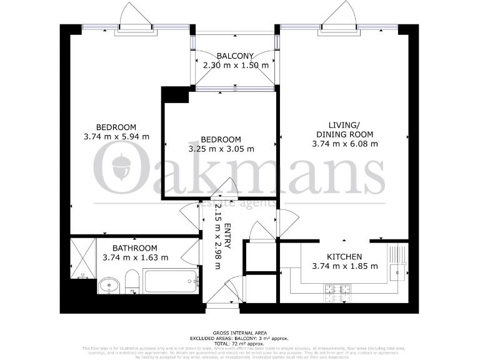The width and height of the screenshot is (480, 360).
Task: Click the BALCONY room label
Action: point(235,56)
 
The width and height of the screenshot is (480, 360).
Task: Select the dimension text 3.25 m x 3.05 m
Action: point(221,149)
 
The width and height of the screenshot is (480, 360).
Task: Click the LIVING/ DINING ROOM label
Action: point(344,129)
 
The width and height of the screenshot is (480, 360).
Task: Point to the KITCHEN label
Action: point(344,256)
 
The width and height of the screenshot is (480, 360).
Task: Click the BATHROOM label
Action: point(131,247)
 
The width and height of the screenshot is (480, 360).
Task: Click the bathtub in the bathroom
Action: point(170,281)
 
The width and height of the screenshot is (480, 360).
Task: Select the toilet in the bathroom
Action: point(132,282)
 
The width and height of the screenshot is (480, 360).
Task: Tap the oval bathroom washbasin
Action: point(109,286)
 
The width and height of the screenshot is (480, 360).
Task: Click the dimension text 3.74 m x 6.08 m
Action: point(344,144)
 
